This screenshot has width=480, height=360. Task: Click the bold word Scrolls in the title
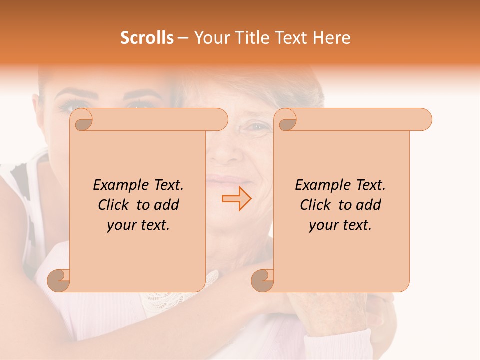click(x=147, y=38)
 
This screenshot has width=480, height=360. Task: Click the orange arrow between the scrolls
click(x=236, y=198)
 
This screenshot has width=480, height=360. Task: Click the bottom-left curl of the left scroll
click(x=59, y=280)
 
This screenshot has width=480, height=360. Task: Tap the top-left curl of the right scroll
click(x=287, y=120)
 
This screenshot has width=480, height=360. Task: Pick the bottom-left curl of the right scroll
click(x=263, y=280)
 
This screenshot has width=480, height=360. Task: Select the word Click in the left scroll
click(x=114, y=205)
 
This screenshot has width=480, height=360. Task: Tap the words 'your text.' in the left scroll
click(x=138, y=225)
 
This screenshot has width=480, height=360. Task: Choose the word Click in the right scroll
click(x=316, y=205)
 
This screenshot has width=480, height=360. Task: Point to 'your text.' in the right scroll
click(x=340, y=225)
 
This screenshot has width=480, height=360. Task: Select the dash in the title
click(x=183, y=38)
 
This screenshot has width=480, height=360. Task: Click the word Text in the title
click(x=291, y=38)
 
